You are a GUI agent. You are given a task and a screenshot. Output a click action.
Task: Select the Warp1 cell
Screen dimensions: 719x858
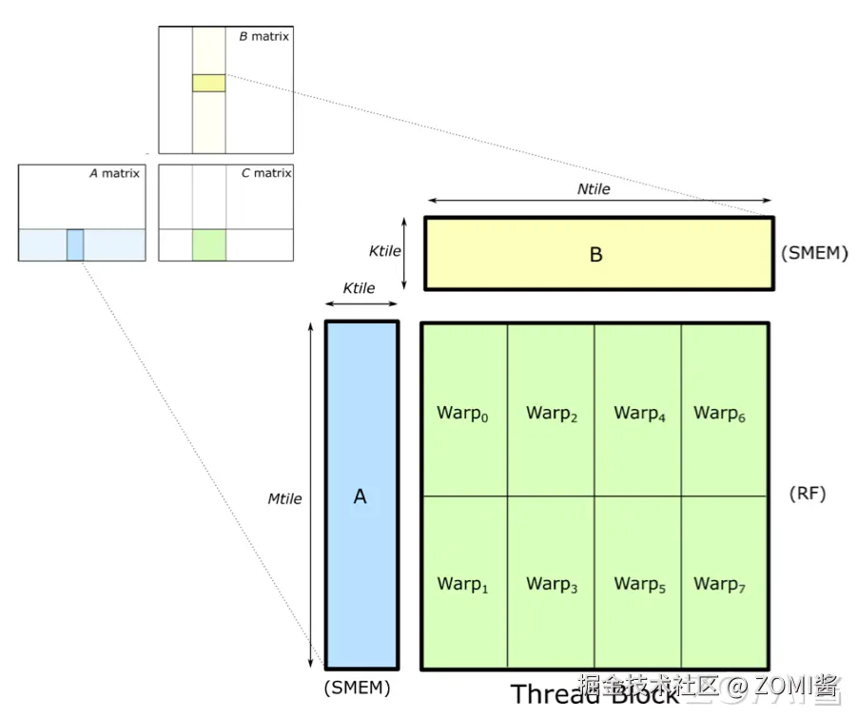(x=464, y=582)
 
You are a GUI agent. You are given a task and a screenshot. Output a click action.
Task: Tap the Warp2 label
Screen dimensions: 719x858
(x=552, y=414)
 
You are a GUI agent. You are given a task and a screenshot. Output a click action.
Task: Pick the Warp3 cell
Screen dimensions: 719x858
(x=552, y=582)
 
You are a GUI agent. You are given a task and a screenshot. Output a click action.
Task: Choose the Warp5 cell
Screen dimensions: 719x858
(x=638, y=582)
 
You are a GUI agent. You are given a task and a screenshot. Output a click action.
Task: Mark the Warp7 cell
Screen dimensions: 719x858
(x=724, y=582)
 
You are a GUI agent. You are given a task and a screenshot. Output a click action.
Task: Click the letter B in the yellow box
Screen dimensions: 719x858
(x=596, y=255)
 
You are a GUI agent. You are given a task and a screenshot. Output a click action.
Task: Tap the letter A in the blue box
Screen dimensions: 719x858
(x=360, y=496)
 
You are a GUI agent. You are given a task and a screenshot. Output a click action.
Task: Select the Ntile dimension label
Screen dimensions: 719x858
(x=594, y=189)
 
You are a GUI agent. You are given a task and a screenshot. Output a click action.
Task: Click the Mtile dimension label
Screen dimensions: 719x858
(x=284, y=498)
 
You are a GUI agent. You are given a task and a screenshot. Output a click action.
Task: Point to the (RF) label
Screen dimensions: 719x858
(x=808, y=494)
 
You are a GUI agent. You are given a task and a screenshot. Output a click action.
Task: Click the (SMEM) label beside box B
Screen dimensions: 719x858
(x=813, y=254)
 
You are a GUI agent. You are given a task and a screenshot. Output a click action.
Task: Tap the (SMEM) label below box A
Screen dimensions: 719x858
(x=357, y=687)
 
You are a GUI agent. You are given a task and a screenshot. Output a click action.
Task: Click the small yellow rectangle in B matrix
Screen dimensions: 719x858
(x=208, y=83)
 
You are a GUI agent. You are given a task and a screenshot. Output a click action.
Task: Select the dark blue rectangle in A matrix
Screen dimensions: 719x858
(x=75, y=244)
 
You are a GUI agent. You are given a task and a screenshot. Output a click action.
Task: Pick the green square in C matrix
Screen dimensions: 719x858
(x=208, y=244)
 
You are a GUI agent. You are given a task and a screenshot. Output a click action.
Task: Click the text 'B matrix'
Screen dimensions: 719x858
(x=263, y=36)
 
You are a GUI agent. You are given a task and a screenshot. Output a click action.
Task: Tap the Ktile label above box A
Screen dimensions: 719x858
(x=359, y=288)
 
